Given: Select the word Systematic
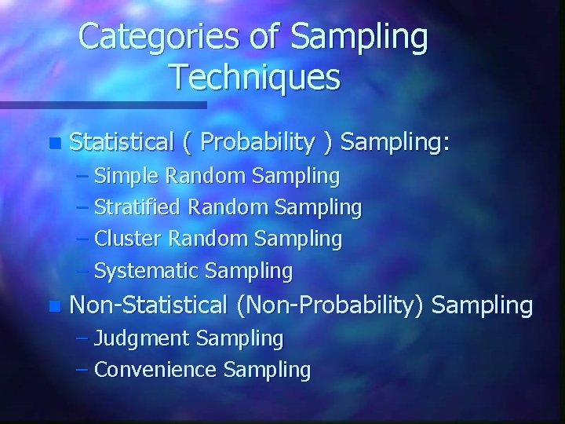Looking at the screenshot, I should (146, 272).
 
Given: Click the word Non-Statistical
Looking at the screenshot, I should (148, 304).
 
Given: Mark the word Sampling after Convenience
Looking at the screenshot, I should (267, 370).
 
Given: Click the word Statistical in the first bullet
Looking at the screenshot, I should (121, 142).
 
